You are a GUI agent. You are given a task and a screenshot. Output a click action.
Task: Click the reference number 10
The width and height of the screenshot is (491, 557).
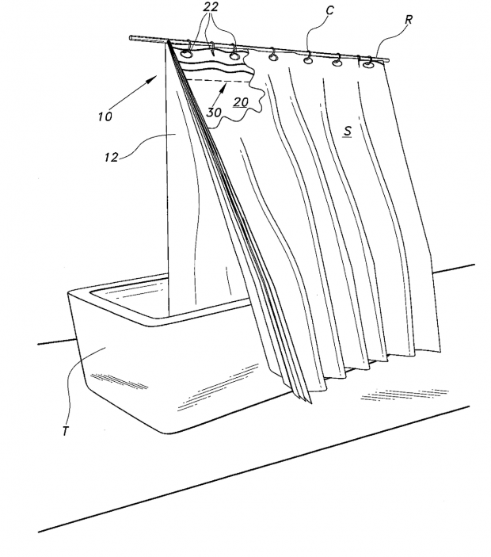pos(105,116)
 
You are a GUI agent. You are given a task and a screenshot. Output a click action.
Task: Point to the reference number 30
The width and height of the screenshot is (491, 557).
pos(213,112)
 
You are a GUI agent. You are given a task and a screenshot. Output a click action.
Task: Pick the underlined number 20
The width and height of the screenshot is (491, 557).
pos(241,102)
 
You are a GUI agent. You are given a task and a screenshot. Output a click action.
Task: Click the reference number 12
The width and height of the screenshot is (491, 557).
pos(112,158)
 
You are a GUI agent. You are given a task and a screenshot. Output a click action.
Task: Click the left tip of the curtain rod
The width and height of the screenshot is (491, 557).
pos(132,36)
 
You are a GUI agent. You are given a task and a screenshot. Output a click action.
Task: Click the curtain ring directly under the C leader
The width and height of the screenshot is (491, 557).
pos(308,58)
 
